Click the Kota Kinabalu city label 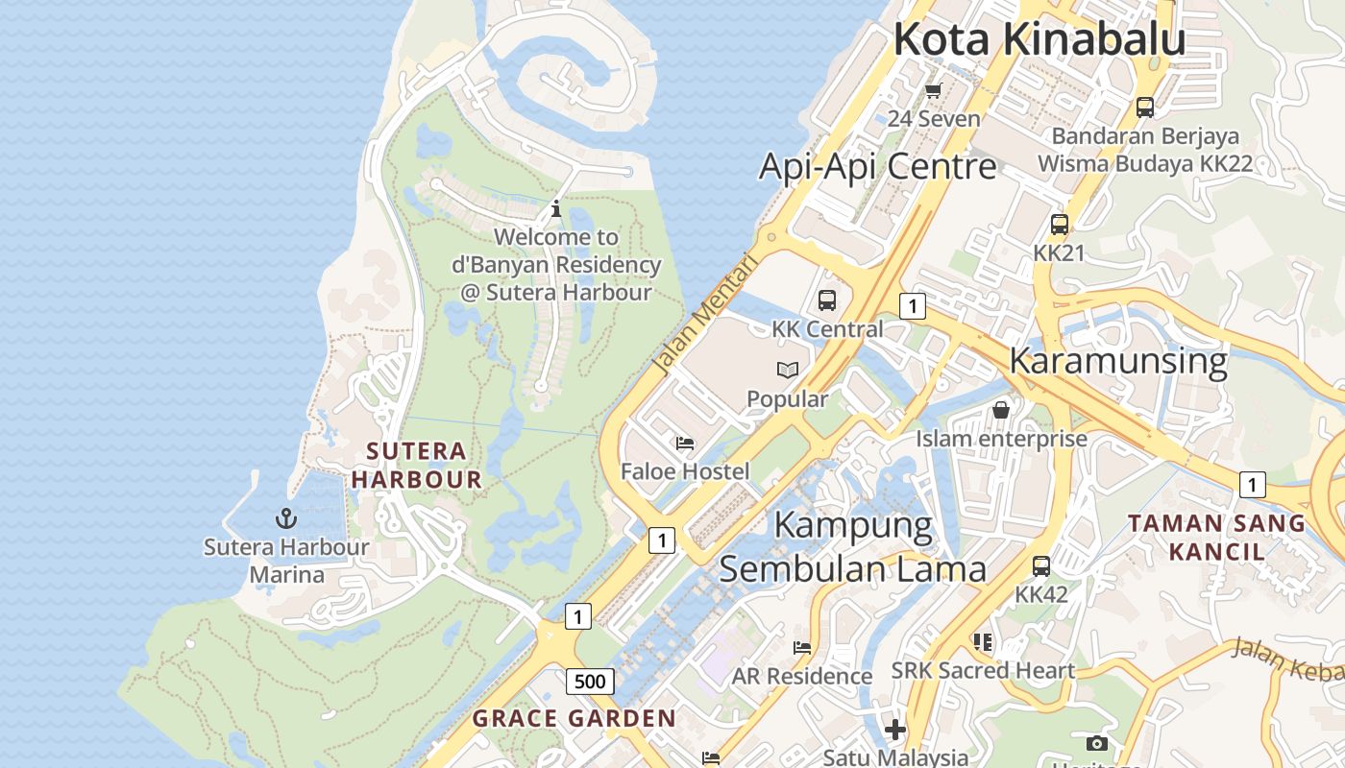point(1039,40)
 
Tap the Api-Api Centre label point(878,166)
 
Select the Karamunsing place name point(1118,361)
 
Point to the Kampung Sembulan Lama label point(852,547)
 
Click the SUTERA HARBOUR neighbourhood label point(417,465)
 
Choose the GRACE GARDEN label point(575,718)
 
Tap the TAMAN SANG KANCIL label point(1216,537)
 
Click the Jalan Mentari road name point(705,313)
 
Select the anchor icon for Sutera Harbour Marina point(285,519)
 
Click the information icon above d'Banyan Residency point(555,208)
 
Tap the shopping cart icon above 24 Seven point(933,91)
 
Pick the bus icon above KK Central point(827,300)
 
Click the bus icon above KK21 point(1059,225)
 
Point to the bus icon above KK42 point(1041,566)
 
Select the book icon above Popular point(788,370)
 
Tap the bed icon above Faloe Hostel point(685,443)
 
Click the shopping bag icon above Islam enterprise point(1001,410)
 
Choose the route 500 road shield point(590,682)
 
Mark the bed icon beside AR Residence point(802,648)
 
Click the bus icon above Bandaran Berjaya point(1144,108)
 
